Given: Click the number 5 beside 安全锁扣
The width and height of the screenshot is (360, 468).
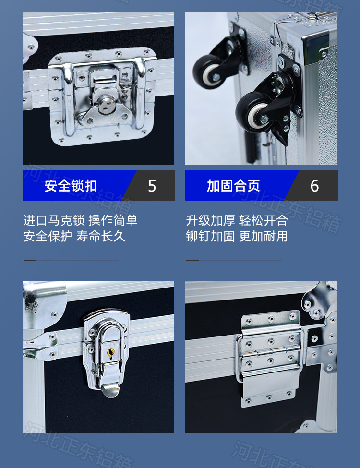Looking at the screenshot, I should [x=152, y=186].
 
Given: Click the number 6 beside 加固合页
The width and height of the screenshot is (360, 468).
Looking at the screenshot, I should [x=314, y=186].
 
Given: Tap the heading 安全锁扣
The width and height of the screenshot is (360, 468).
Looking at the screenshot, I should [x=71, y=186].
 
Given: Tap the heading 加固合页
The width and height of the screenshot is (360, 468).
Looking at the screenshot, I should [x=233, y=186].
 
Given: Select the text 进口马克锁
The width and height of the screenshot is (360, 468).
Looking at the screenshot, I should [x=54, y=220].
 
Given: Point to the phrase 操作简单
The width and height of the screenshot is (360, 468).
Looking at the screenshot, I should [x=113, y=220].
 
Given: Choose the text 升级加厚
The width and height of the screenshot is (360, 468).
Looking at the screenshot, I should [x=210, y=220].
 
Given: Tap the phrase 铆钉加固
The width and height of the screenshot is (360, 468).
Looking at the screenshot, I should [x=210, y=236].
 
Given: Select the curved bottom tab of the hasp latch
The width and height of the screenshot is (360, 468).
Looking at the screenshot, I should [x=109, y=390].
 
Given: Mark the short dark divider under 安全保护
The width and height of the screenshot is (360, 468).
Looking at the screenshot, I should [x=30, y=260].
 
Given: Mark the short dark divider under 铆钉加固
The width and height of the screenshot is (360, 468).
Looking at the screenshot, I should [x=192, y=260].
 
